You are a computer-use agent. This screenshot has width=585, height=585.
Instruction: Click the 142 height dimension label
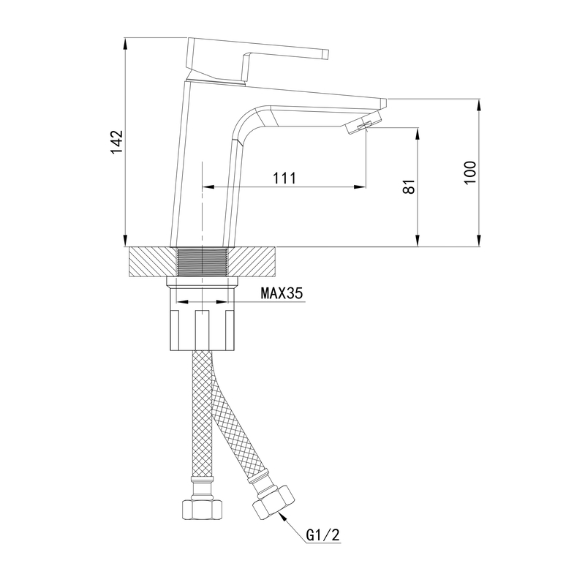(x=116, y=142)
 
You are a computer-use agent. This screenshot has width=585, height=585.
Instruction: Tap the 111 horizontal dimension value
(x=284, y=178)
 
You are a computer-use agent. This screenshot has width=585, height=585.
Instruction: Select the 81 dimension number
(x=409, y=186)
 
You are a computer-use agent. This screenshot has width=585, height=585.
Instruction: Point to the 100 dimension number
(x=470, y=173)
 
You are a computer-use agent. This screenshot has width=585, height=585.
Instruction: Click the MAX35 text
(x=282, y=294)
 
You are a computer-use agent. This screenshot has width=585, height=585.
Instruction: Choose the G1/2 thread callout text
(x=323, y=535)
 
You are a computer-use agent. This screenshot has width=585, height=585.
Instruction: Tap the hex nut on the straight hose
(x=202, y=509)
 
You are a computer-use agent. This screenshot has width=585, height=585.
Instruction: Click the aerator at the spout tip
(x=364, y=122)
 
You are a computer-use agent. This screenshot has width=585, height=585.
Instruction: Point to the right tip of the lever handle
(x=328, y=54)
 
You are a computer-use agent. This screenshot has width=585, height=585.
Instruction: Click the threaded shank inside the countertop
(x=202, y=262)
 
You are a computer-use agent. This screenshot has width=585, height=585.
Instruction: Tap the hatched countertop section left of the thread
(x=153, y=262)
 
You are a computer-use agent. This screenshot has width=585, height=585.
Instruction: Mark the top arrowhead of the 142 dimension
(x=125, y=43)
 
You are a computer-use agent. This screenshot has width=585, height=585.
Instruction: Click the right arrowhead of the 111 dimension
(x=359, y=186)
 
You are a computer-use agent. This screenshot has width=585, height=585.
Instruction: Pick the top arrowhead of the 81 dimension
(x=418, y=134)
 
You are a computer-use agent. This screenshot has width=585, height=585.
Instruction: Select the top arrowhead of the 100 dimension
(x=480, y=105)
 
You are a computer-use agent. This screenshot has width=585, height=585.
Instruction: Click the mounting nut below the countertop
(x=202, y=314)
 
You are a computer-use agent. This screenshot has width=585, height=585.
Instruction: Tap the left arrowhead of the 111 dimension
(x=208, y=186)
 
